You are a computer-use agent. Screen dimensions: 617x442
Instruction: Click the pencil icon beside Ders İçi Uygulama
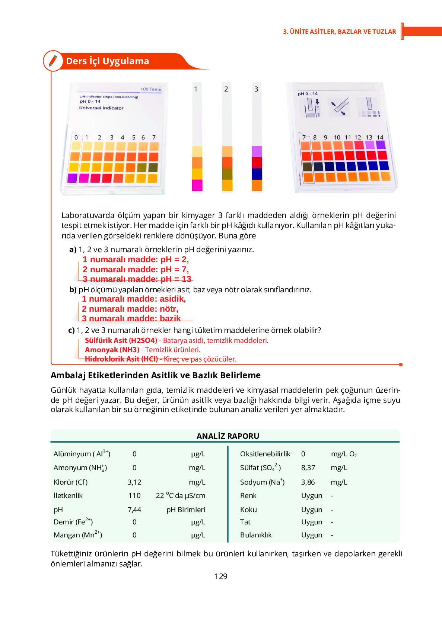pos(53,61)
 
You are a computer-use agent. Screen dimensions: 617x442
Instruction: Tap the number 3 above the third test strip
pos(256,89)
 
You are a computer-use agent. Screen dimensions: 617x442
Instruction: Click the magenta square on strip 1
pos(197,185)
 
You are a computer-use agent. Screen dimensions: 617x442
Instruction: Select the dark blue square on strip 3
pos(257,174)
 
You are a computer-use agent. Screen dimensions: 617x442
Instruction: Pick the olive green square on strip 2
pos(227,174)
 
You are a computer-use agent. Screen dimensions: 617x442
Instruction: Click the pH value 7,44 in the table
pos(134,510)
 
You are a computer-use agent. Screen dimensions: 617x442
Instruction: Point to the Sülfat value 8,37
pos(308,467)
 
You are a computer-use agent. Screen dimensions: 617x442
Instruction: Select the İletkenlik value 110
pos(134,495)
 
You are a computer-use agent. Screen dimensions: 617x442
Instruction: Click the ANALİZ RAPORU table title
pos(228,436)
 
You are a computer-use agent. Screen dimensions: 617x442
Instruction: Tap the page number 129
pos(221,576)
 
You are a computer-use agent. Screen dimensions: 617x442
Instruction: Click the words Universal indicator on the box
pos(101,108)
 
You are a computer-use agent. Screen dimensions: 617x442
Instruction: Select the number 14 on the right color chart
pos(380,137)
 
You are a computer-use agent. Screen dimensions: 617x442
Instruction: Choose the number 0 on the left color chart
pos(76,137)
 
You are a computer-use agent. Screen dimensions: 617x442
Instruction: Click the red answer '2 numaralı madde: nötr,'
pos(130,309)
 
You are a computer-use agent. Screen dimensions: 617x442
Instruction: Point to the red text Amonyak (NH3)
pos(112,350)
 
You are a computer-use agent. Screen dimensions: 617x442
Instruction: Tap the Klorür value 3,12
pos(134,482)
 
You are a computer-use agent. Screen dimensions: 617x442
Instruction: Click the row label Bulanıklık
pos(256,535)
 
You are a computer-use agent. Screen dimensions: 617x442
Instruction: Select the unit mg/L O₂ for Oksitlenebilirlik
pos(344,454)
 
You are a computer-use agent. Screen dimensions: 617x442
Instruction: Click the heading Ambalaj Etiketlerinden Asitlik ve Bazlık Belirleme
pos(156,375)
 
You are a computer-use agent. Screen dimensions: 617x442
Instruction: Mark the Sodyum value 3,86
pos(308,482)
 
